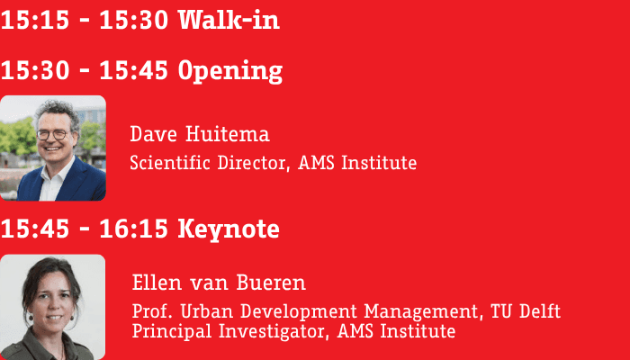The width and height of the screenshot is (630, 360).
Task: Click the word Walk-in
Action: tap(229, 19)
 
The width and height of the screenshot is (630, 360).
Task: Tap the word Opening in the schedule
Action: tap(230, 71)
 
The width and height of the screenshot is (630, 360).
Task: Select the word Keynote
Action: tap(229, 229)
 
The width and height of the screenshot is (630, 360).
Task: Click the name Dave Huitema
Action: tap(200, 134)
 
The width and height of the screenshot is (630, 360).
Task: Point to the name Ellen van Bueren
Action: tap(219, 283)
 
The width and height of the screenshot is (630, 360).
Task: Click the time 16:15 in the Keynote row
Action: tap(133, 229)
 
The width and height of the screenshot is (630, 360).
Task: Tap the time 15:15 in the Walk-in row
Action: tap(35, 20)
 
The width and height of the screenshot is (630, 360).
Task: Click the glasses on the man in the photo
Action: tap(53, 135)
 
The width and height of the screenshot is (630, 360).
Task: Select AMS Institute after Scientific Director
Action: tap(357, 163)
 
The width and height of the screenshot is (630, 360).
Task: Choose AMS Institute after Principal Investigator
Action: tap(396, 331)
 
